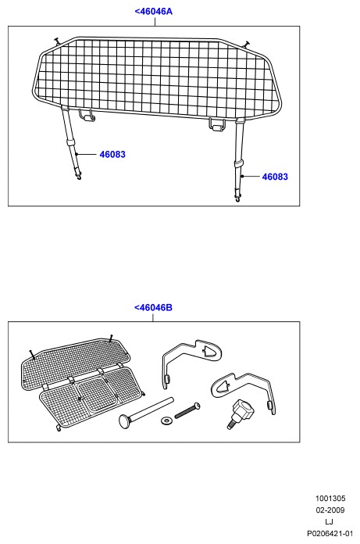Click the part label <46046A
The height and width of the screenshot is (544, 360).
(x=153, y=12)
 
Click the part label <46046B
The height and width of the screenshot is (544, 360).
(x=153, y=308)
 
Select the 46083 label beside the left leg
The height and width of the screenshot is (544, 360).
(x=112, y=155)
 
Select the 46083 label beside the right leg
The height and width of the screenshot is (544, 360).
(x=275, y=177)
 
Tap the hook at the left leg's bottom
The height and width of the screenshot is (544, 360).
(x=80, y=177)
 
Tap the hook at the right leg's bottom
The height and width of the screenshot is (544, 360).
(x=237, y=199)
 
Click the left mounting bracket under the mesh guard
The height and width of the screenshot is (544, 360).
(x=87, y=115)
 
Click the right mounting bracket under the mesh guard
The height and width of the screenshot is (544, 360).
(x=217, y=124)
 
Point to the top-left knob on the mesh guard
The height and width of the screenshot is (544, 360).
(x=57, y=41)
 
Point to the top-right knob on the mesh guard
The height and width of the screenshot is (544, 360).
(x=247, y=43)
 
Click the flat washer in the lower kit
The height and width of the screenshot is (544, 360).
(x=166, y=421)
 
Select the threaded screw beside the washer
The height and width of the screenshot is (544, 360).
(x=187, y=410)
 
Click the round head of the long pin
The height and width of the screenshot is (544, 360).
(x=125, y=421)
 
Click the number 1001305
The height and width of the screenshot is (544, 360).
(x=330, y=499)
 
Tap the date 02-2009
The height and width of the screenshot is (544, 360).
(x=330, y=510)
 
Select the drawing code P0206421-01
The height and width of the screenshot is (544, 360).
(x=330, y=533)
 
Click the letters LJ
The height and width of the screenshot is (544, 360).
(x=330, y=522)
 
